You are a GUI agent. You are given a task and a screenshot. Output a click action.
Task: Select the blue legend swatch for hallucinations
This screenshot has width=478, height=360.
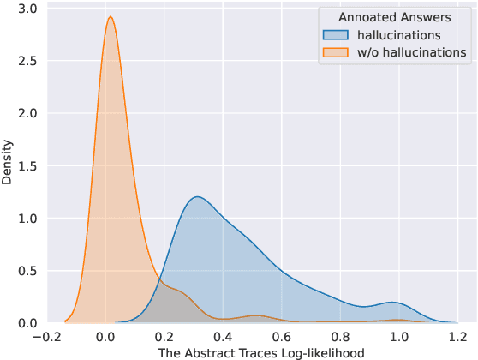335,35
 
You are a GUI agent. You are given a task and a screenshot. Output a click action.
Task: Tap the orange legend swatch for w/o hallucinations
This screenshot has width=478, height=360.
335,52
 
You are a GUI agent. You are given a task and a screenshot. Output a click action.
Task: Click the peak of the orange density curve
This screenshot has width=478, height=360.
110,17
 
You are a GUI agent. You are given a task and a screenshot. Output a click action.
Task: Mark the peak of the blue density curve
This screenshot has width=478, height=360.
198,197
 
